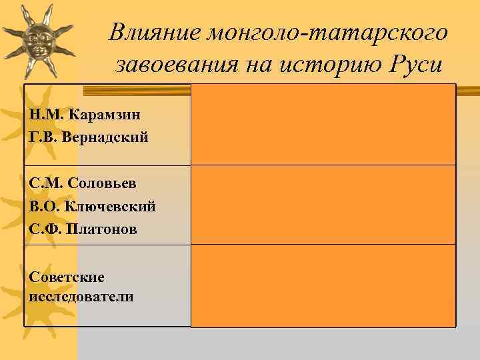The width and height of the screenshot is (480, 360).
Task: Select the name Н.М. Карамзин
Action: coord(85,114)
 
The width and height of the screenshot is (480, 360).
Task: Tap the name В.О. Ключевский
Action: coord(93,205)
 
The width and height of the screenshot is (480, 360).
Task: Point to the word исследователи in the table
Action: coord(81,296)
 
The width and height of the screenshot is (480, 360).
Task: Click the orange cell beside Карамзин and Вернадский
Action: coord(323,124)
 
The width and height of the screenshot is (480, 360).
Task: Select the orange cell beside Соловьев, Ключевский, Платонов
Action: coord(323,205)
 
